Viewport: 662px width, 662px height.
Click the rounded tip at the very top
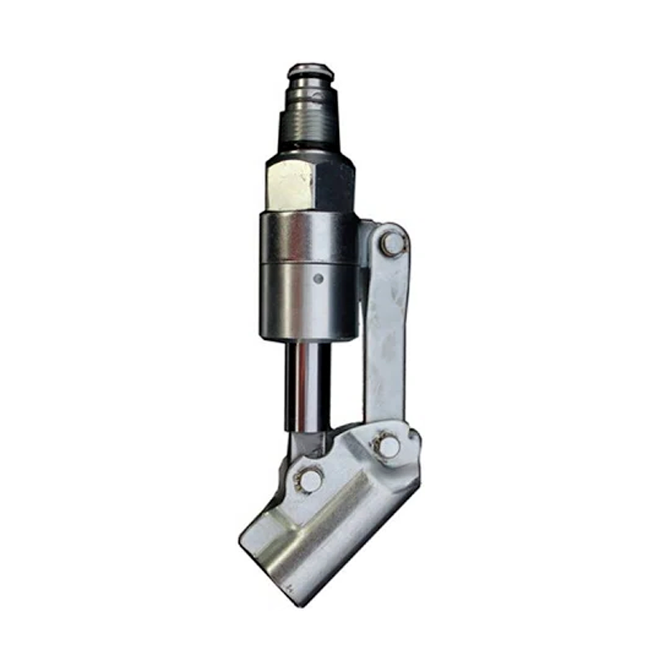click(310, 70)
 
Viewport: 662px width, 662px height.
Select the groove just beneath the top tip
click(310, 86)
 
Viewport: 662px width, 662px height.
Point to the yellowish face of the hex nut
click(290, 184)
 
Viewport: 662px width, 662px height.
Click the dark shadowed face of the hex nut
click(335, 184)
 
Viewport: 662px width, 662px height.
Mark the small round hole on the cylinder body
click(319, 279)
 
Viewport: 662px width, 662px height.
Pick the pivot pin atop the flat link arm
click(392, 242)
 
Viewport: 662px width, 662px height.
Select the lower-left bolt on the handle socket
click(310, 479)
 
